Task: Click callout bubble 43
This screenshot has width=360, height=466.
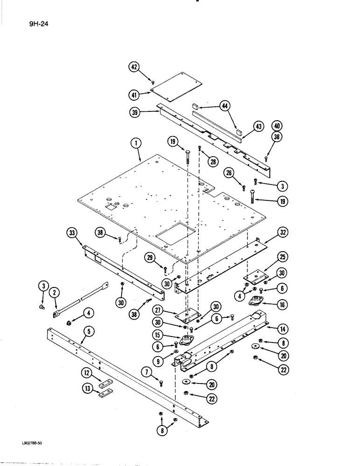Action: pyautogui.click(x=259, y=127)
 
